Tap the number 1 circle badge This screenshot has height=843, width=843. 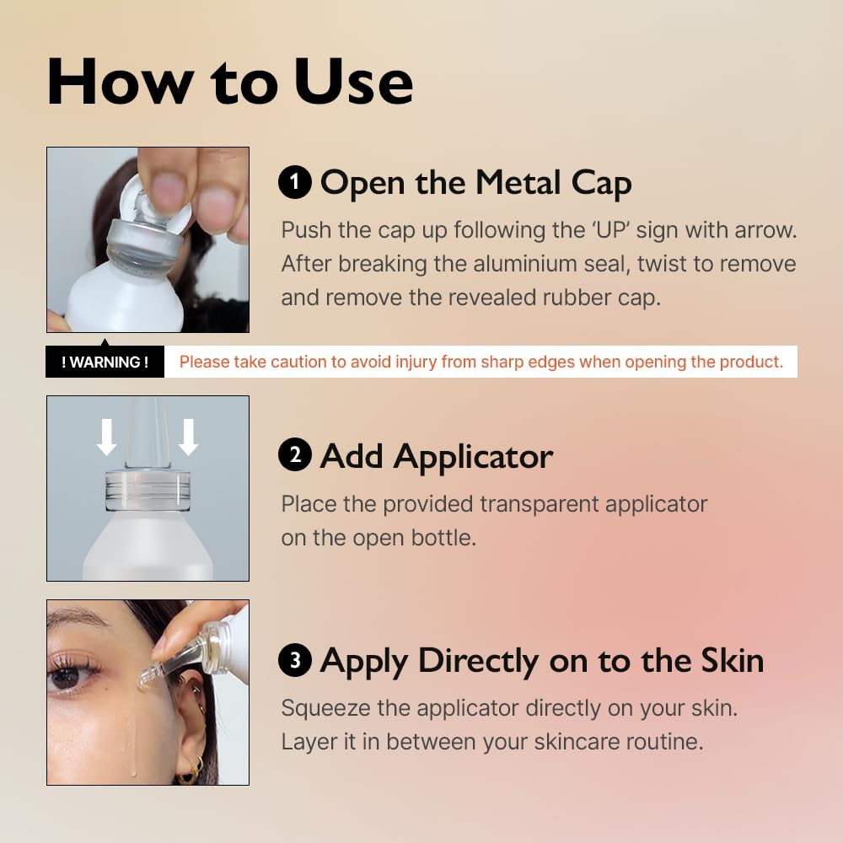pyautogui.click(x=295, y=182)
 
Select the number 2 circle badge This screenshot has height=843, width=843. pyautogui.click(x=295, y=456)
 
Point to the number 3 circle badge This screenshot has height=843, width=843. pyautogui.click(x=295, y=660)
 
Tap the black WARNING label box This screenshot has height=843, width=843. pyautogui.click(x=105, y=362)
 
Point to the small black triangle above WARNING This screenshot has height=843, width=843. pyautogui.click(x=105, y=341)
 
